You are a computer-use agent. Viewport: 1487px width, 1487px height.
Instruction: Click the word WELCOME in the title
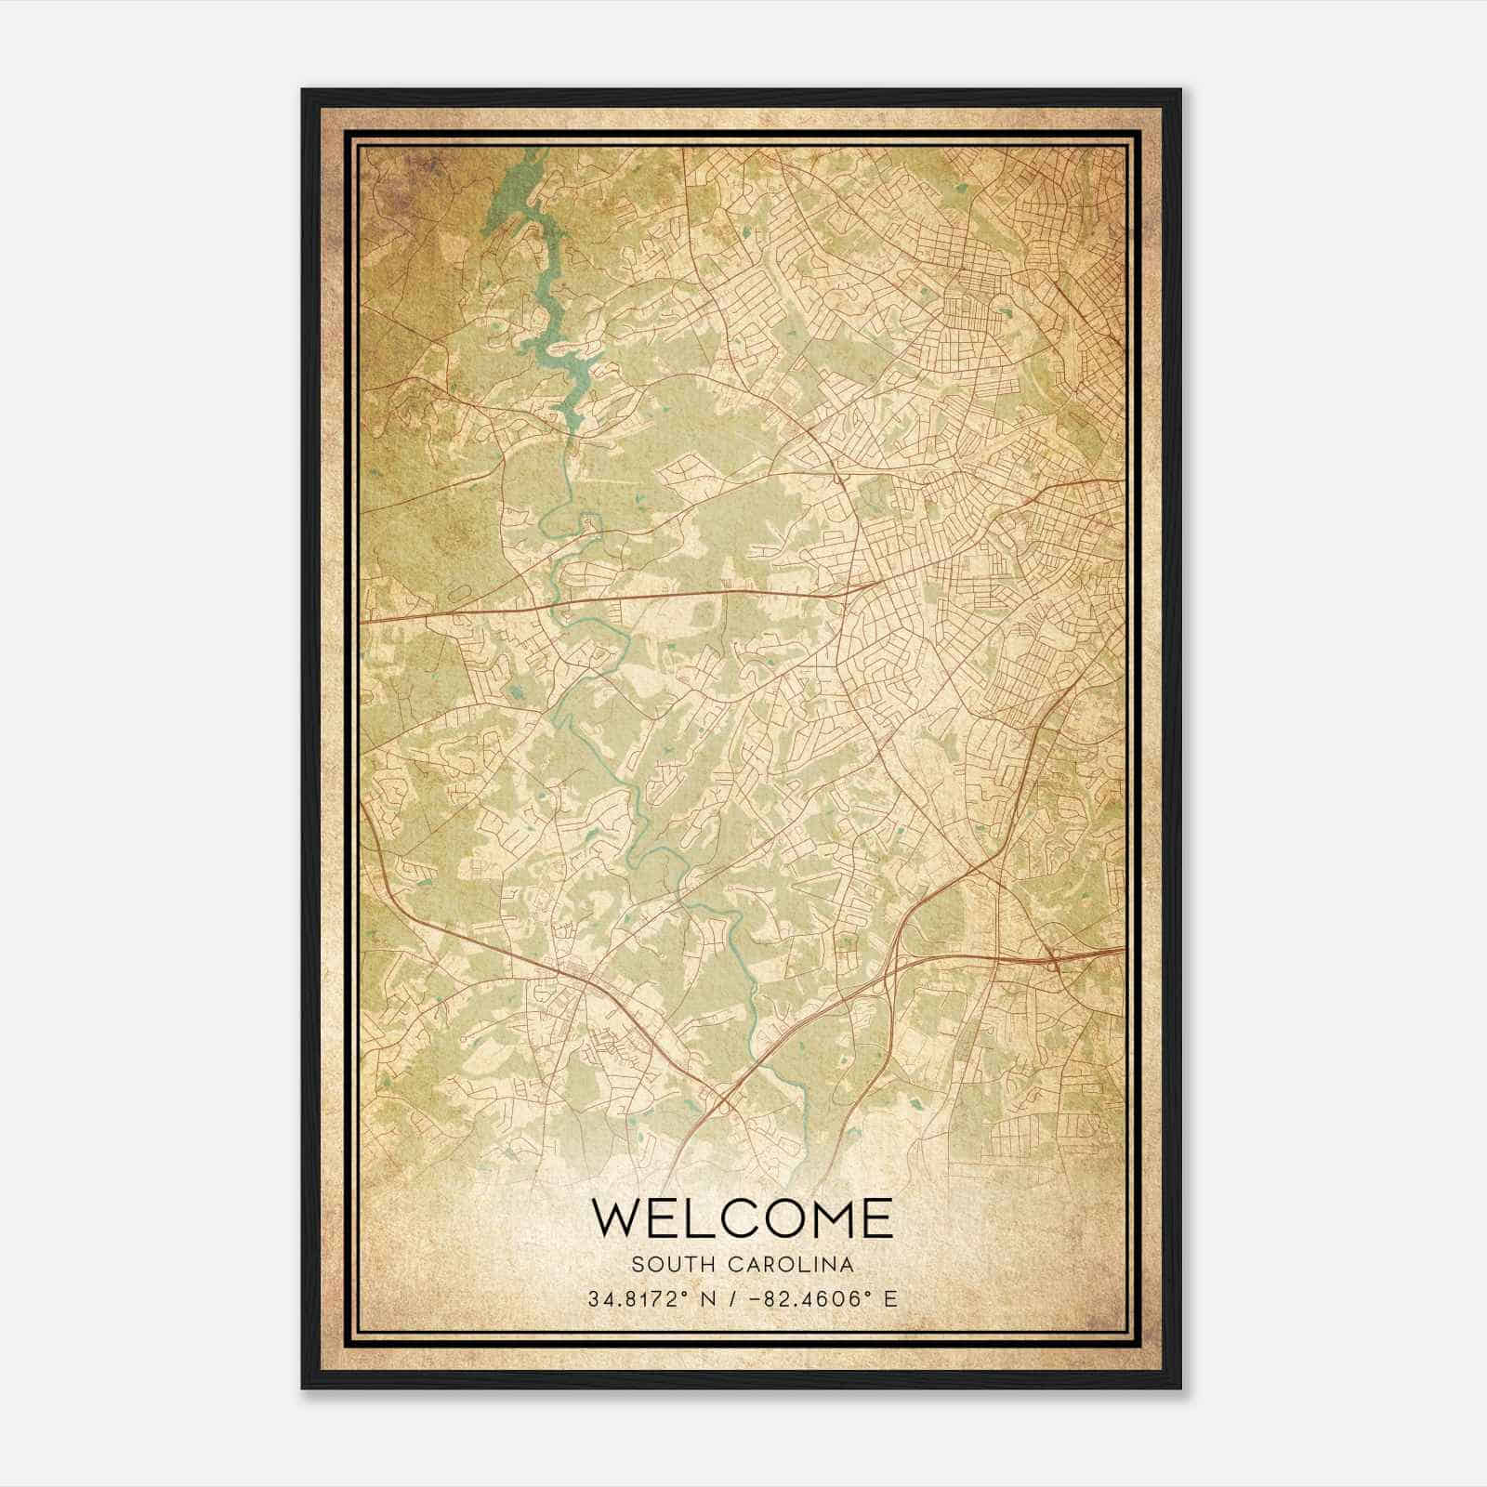pos(742,1218)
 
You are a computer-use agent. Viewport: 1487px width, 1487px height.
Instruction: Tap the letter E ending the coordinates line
pos(891,1298)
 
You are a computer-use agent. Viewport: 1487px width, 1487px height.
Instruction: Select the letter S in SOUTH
pos(637,1265)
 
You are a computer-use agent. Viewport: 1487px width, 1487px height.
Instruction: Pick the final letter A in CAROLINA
pos(848,1265)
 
